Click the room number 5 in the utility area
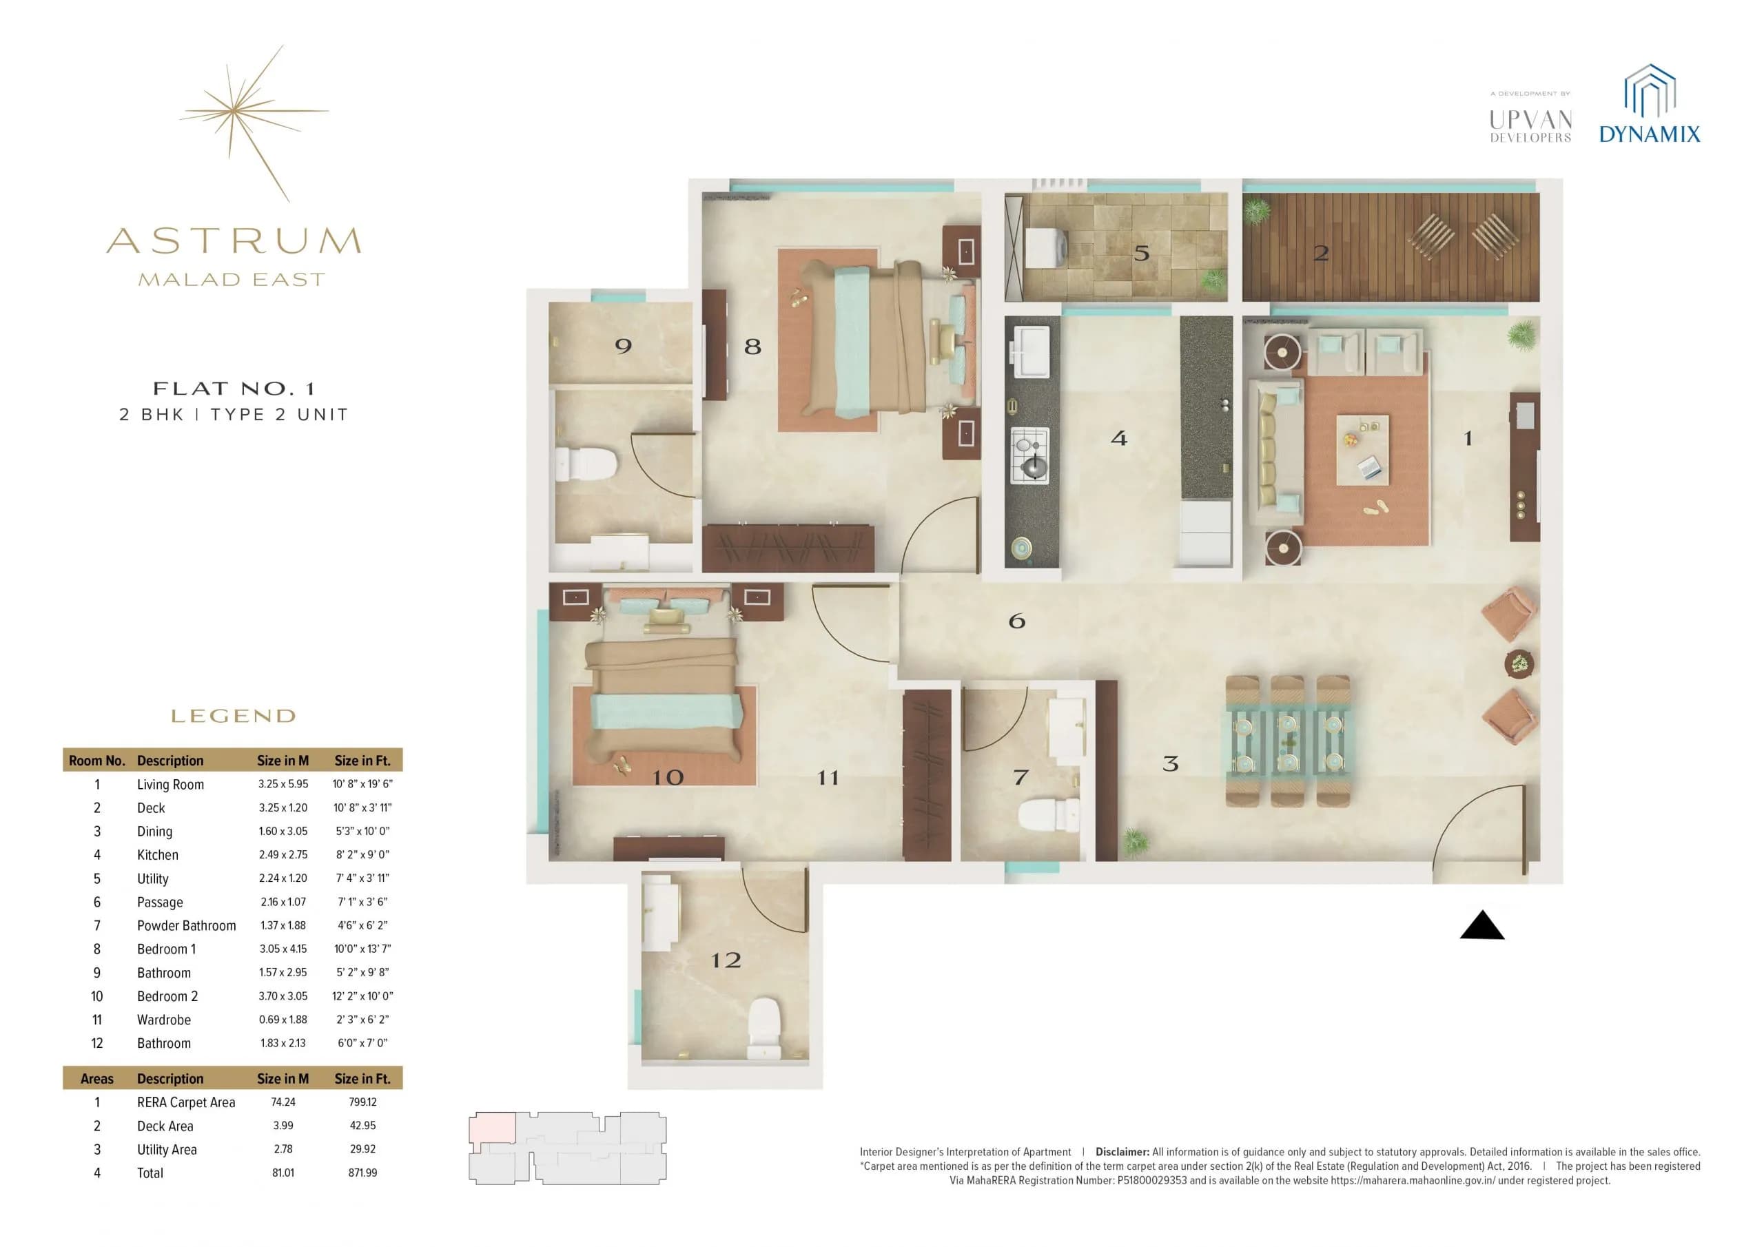point(1142,253)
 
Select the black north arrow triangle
point(1481,927)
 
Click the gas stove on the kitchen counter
point(1029,455)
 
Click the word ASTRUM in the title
point(234,241)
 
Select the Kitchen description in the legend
point(158,855)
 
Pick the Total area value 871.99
point(362,1173)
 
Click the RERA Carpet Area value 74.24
point(283,1102)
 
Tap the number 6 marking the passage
point(1016,621)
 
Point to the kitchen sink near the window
point(1032,351)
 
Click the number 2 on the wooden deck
point(1321,254)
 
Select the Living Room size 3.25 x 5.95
point(283,785)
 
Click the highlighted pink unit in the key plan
point(493,1128)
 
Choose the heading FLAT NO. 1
point(234,389)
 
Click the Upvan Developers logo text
point(1530,126)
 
